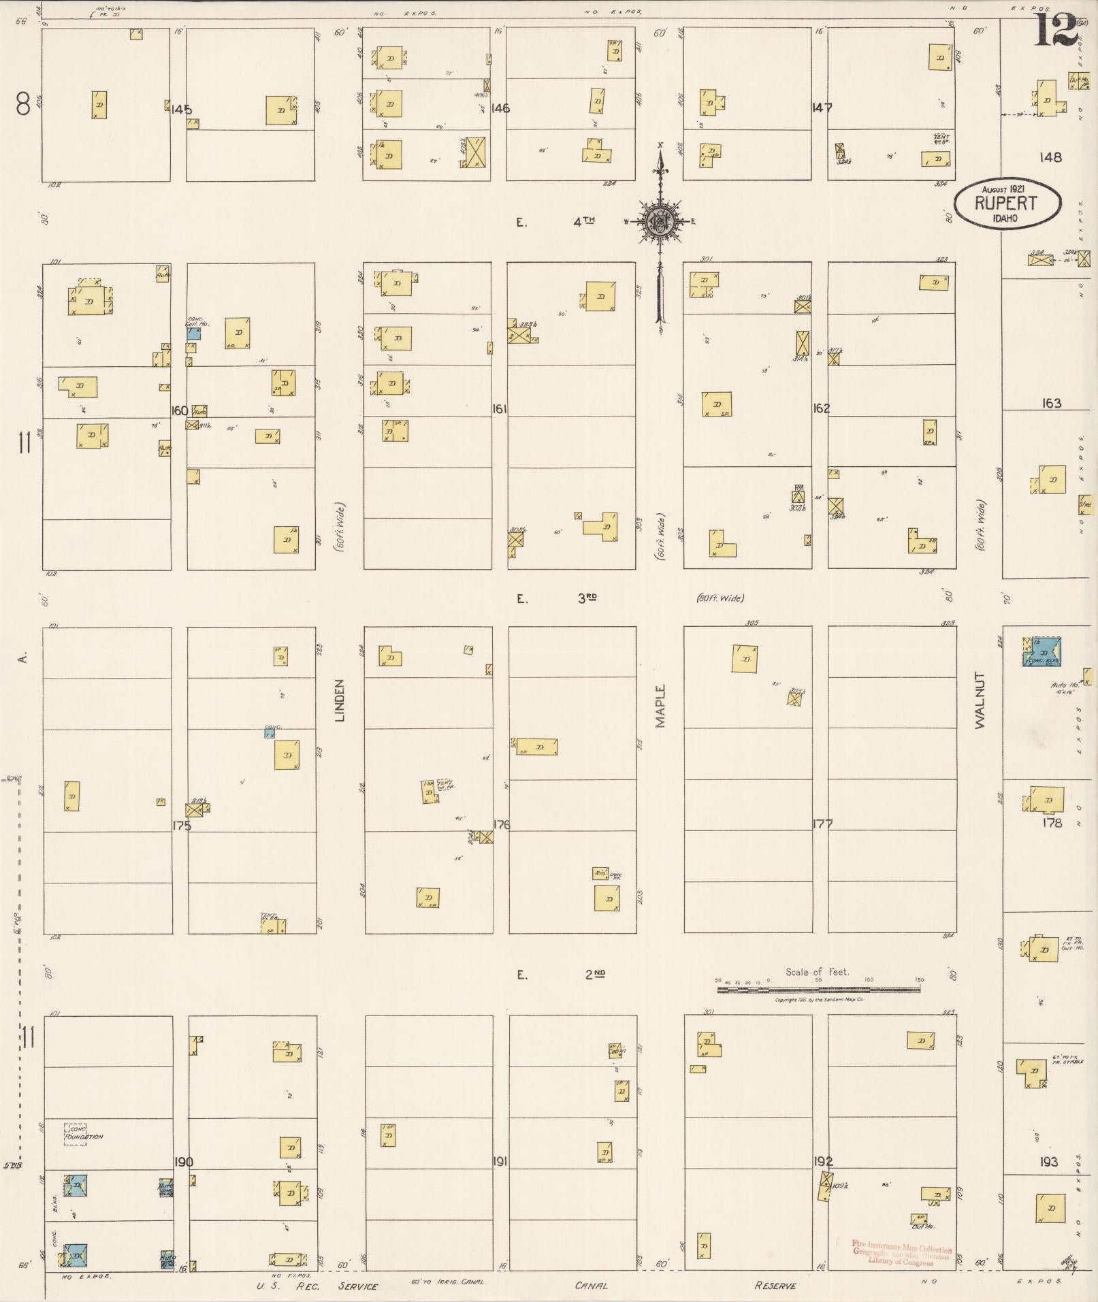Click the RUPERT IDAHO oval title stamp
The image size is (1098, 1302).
(1006, 204)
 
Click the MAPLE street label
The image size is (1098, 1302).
(660, 706)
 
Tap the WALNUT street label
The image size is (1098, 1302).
(980, 700)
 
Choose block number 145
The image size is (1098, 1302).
(182, 110)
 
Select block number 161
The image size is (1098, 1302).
(500, 409)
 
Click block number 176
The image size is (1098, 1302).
(501, 825)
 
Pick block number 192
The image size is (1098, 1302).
(822, 1161)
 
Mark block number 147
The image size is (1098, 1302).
(822, 108)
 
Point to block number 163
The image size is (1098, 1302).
(1051, 404)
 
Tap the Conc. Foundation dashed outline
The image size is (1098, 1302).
(75, 1135)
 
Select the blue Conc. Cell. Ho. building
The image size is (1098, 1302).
(194, 334)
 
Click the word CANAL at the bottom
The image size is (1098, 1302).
(591, 1286)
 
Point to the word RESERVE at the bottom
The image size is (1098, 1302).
(775, 1286)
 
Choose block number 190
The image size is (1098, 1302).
(184, 1162)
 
